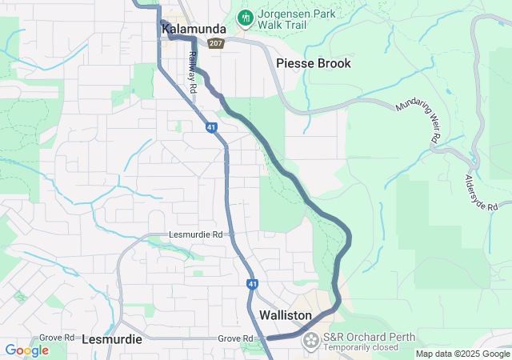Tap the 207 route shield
click(215, 43)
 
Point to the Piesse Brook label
click(313, 63)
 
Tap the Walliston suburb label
click(285, 316)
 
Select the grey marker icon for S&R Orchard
click(310, 342)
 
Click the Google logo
click(26, 350)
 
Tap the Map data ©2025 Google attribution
click(462, 354)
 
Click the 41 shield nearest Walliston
click(252, 284)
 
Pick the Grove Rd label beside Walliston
click(235, 339)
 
